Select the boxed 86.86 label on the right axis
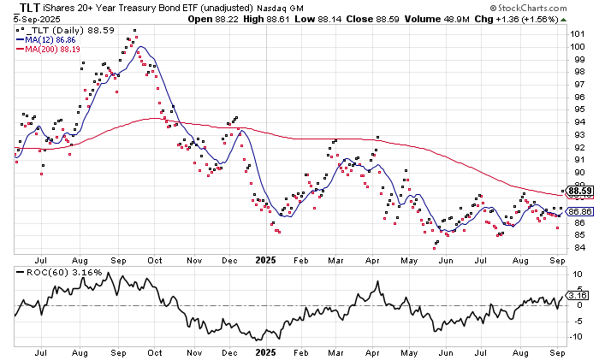(580, 211)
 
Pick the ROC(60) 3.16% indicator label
(53, 272)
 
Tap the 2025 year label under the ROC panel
(265, 351)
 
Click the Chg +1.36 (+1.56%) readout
(551, 19)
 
